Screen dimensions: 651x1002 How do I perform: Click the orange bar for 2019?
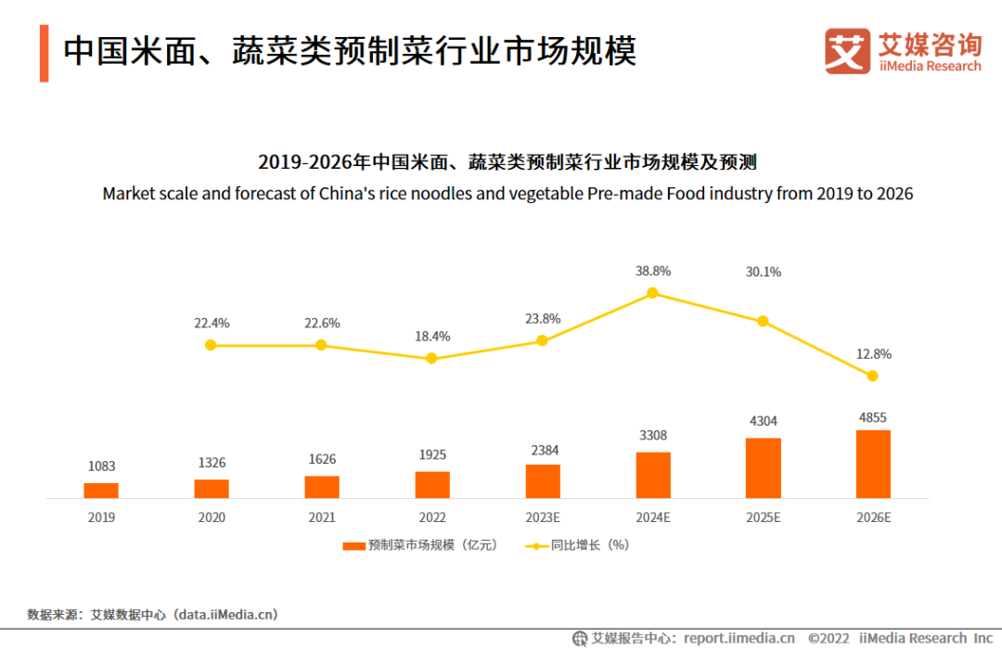point(101,491)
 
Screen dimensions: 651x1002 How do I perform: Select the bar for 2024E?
point(653,475)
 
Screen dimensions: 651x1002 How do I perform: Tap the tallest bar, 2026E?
point(873,464)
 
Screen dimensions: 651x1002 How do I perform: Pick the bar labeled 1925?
point(432,485)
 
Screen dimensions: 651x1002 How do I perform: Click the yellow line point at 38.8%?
point(652,293)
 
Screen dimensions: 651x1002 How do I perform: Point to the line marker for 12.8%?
point(872,376)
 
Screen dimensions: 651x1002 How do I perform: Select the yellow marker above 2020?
point(211,345)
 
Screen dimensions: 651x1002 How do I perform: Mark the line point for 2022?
point(431,358)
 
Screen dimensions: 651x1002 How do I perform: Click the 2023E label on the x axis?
point(543,517)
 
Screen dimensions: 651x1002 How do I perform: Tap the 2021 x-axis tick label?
point(321,517)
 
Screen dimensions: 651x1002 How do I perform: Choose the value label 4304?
point(764,421)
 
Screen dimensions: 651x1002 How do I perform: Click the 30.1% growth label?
point(764,272)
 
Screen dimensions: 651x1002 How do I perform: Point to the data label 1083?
point(101,466)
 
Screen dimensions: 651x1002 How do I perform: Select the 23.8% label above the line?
point(543,319)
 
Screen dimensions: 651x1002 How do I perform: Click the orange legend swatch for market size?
point(353,546)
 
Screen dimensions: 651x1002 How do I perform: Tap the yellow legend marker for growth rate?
point(537,546)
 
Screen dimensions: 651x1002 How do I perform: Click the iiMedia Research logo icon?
point(848,51)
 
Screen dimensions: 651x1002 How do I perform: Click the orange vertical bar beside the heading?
point(44,54)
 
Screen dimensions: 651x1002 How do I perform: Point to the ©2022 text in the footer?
point(829,638)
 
